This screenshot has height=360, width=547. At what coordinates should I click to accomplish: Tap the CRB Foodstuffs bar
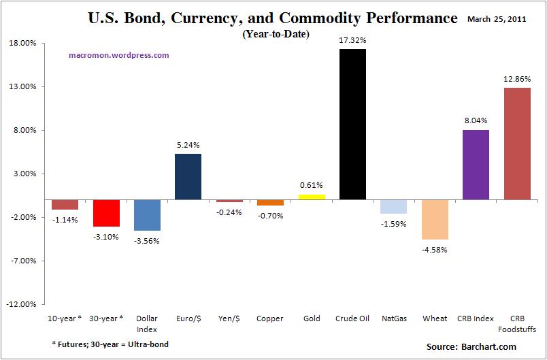(516, 144)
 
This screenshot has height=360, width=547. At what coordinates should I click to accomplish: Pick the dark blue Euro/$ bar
(188, 177)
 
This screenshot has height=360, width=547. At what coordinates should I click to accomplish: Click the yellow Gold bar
(312, 197)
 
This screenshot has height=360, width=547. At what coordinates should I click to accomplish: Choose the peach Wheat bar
(435, 220)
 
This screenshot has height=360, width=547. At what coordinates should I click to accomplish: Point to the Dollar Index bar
(147, 215)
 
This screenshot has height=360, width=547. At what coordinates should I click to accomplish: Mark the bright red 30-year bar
(106, 213)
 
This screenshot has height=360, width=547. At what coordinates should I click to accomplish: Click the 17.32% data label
(352, 41)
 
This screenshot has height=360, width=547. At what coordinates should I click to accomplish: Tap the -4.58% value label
(435, 249)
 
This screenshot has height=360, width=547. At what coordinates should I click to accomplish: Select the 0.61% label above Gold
(311, 185)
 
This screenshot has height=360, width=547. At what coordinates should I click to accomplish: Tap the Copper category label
(270, 318)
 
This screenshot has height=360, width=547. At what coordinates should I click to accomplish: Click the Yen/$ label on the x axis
(229, 318)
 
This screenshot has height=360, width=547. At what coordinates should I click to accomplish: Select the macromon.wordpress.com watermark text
(119, 55)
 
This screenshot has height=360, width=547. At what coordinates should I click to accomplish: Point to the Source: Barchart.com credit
(471, 347)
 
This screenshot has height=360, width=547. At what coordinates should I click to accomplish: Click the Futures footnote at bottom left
(110, 344)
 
